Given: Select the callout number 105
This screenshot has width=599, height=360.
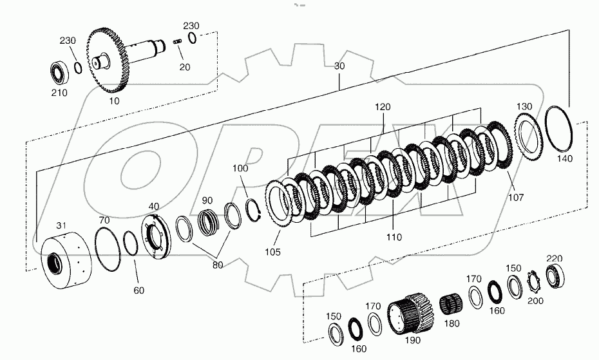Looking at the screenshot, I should (x=272, y=252).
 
